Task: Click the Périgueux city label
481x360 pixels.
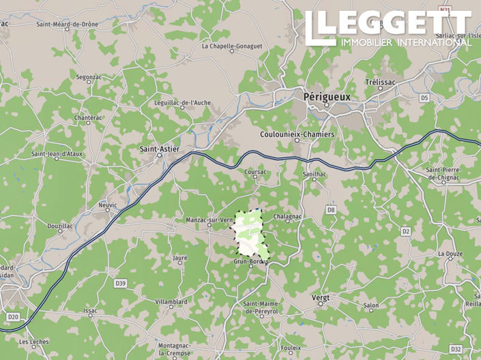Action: [x=326, y=97]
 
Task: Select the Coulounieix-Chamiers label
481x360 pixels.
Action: [x=297, y=134]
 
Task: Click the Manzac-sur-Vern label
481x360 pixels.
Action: [x=209, y=220]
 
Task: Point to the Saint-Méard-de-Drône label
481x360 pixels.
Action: [x=69, y=24]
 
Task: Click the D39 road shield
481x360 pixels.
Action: [x=121, y=282]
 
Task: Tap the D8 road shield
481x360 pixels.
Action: [x=331, y=210]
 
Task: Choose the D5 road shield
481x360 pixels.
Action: [x=424, y=98]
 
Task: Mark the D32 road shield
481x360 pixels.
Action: [x=456, y=348]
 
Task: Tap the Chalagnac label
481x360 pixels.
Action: [x=287, y=216]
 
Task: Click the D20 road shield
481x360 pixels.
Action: [x=13, y=316]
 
